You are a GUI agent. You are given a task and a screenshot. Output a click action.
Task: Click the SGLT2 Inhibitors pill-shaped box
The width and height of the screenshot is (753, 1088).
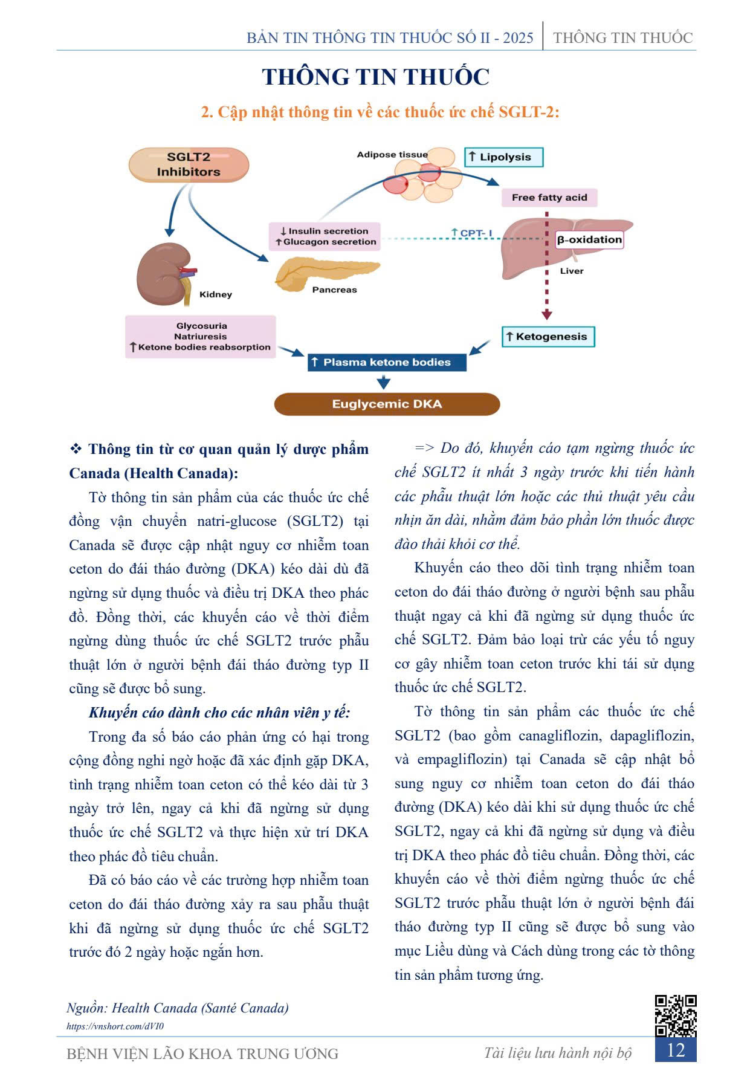click(189, 164)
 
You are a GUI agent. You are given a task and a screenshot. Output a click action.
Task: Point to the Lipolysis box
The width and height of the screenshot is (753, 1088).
click(504, 157)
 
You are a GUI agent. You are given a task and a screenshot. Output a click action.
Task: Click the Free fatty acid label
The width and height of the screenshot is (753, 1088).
click(549, 197)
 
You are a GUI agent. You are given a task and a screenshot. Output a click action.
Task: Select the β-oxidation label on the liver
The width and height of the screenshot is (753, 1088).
click(589, 240)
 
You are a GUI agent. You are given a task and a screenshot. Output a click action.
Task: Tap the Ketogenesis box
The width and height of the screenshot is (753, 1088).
click(548, 337)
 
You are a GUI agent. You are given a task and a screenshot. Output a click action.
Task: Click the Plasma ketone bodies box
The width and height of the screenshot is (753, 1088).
click(387, 362)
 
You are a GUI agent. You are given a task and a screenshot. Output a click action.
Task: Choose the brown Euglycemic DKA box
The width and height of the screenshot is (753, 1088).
click(387, 404)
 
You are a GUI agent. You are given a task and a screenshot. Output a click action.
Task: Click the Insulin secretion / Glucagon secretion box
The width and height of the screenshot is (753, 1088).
click(325, 236)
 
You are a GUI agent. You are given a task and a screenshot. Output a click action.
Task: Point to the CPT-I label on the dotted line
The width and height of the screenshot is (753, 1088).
click(472, 233)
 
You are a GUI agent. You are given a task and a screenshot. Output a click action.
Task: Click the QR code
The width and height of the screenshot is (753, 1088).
click(676, 1015)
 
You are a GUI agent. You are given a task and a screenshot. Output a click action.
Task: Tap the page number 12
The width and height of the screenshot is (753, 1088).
click(676, 1051)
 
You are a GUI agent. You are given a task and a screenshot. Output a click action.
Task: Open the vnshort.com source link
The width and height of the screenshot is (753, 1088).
click(115, 1026)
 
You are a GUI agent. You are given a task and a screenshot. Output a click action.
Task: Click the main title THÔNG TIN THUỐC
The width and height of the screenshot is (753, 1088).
click(375, 77)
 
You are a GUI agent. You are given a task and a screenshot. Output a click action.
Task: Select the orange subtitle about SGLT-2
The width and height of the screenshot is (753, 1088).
click(380, 112)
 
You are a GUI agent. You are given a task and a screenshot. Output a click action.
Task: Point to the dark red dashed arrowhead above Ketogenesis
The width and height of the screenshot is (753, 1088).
click(546, 314)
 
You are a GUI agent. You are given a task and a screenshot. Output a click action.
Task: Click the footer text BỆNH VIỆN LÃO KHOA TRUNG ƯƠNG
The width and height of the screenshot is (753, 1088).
click(202, 1054)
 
